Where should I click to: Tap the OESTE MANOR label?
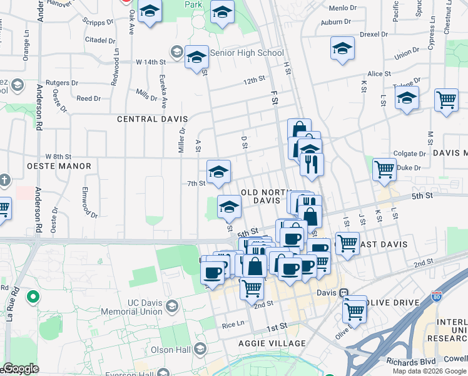[x=59, y=166]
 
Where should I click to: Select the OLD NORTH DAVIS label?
[x=265, y=196]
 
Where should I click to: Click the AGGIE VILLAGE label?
[x=272, y=343]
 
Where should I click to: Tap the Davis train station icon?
[x=343, y=293]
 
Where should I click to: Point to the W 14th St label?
[x=151, y=62]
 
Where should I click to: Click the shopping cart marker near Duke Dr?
[x=384, y=169]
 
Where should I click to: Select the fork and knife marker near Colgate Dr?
[x=311, y=164]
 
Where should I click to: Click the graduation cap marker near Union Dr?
[x=342, y=49]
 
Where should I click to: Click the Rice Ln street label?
[x=232, y=325]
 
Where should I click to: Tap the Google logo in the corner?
[x=20, y=368]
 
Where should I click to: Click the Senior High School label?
[x=247, y=53]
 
